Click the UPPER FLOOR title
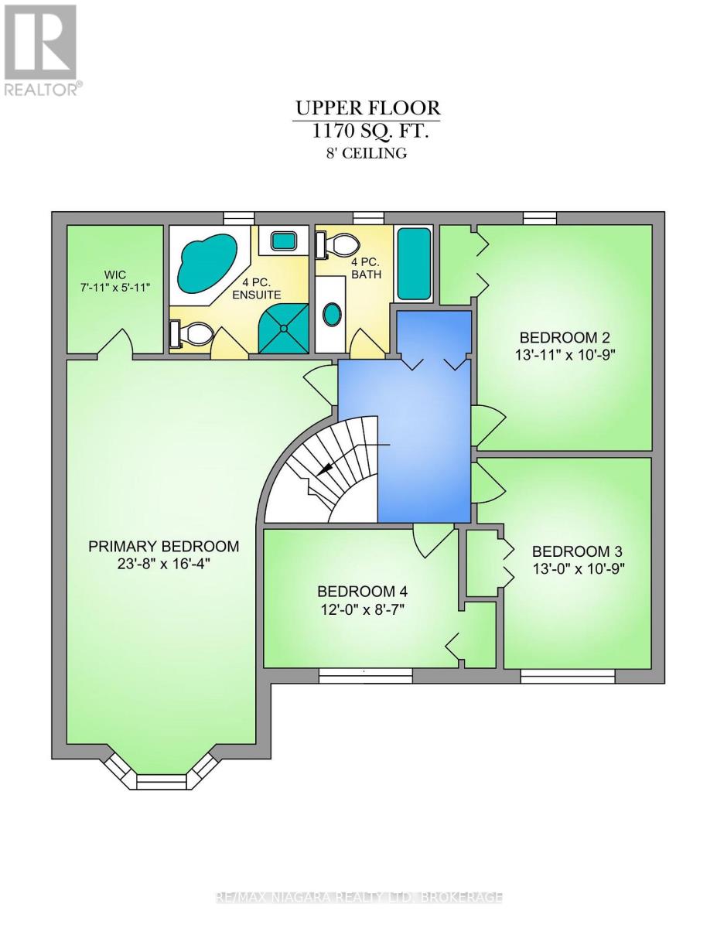point(367,108)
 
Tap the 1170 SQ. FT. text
point(370,131)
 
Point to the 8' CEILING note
point(367,153)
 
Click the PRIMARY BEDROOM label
point(163,546)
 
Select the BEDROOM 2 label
point(565,337)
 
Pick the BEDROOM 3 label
point(576,551)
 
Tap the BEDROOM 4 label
point(362,592)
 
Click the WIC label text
point(115,274)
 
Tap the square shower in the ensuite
point(284,328)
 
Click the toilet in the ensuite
point(191,333)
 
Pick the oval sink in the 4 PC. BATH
point(331,314)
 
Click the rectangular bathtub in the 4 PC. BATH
point(414,264)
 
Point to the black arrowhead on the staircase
point(325,469)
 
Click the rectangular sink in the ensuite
point(284,241)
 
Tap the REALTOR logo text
point(42,90)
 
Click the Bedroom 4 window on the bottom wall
point(366,675)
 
